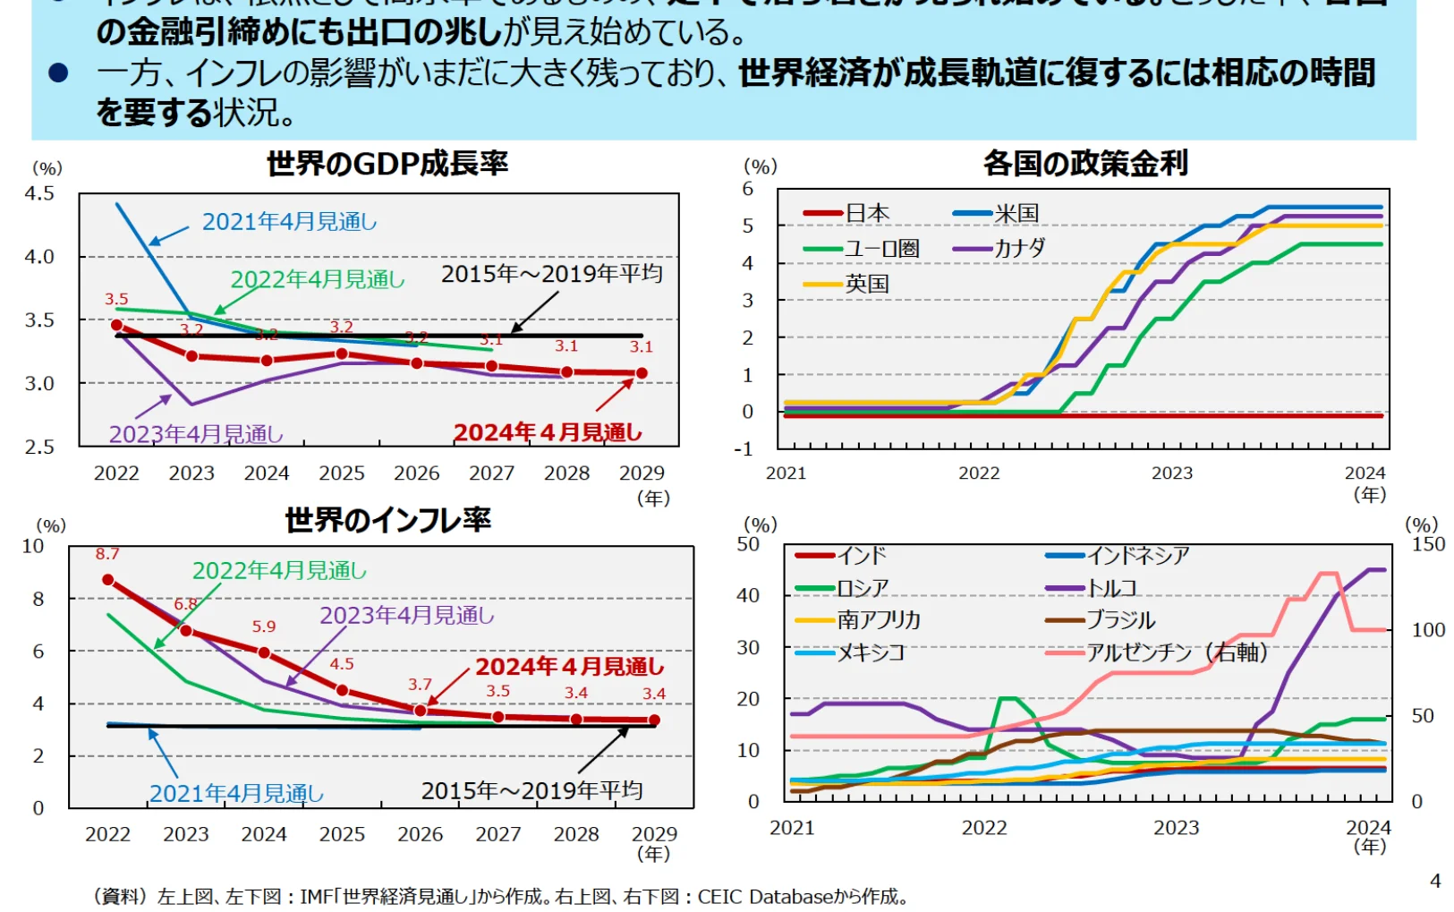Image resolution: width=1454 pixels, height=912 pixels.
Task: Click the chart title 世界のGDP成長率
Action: [x=387, y=164]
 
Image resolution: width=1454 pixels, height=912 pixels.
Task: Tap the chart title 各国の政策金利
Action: [x=1085, y=164]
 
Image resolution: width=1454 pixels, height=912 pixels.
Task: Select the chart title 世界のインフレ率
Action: [x=387, y=520]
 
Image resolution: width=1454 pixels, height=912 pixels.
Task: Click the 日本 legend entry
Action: [x=866, y=213]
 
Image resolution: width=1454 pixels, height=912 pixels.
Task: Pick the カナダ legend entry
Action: [x=1019, y=248]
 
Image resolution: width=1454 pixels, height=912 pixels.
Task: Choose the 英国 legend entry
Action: [x=866, y=284]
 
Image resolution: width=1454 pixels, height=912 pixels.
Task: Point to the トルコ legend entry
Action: [x=1111, y=588]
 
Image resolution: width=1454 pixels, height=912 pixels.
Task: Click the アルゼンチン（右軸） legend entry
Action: [x=1177, y=652]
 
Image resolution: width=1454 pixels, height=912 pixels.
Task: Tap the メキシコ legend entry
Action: [x=871, y=652]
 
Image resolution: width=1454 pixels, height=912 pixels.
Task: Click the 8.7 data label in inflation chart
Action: [x=107, y=554]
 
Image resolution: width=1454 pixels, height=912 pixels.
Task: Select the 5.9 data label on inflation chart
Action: [x=264, y=626]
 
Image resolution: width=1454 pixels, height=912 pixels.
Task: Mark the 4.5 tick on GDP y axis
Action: [x=39, y=193]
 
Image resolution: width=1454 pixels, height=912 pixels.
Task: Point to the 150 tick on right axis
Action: [x=1428, y=544]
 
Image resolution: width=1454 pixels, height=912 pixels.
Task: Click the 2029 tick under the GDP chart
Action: [x=642, y=473]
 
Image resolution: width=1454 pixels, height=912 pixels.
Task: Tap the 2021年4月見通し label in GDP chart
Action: [x=289, y=221]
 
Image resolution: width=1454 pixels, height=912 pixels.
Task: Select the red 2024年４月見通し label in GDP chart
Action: [x=548, y=432]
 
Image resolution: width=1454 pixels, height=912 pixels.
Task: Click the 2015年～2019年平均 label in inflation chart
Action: [x=531, y=790]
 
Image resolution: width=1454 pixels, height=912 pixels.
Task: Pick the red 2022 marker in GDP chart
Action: [x=116, y=326]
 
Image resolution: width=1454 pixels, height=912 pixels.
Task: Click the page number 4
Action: [x=1435, y=881]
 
